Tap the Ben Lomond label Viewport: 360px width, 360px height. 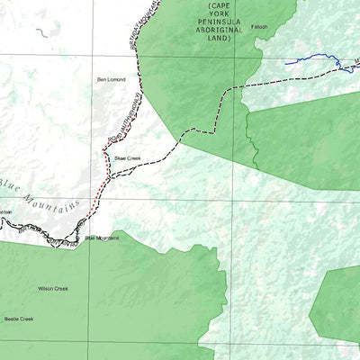(x=112, y=80)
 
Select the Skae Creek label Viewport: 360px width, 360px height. (x=127, y=157)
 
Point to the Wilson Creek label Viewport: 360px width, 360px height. (x=52, y=289)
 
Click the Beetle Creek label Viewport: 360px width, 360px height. (x=18, y=319)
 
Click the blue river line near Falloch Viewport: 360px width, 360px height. (x=310, y=61)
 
